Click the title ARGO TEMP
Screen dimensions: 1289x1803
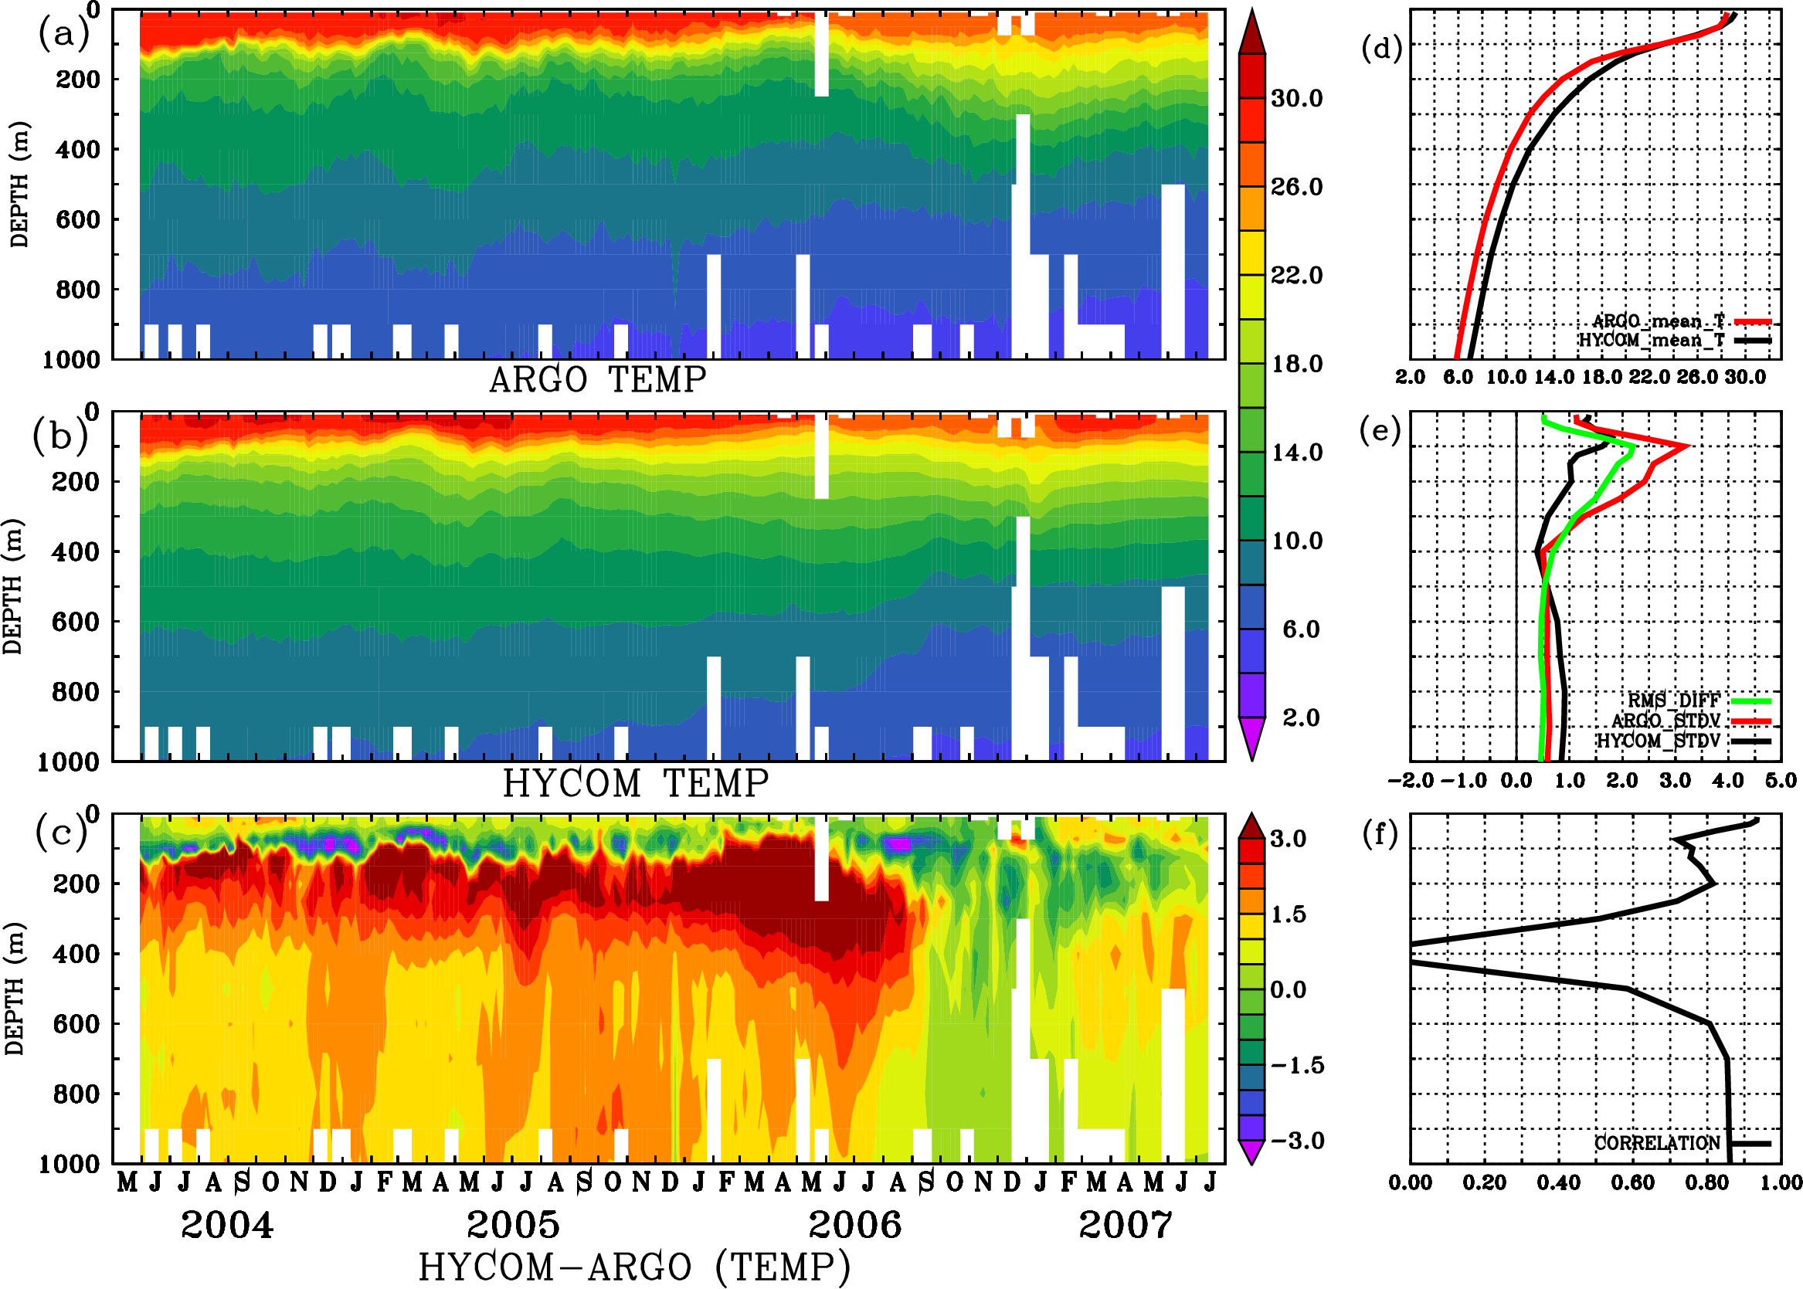click(x=597, y=380)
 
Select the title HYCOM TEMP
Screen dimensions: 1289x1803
click(x=636, y=783)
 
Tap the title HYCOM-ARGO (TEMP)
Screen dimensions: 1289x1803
click(x=634, y=1266)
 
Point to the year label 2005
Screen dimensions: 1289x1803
click(x=513, y=1225)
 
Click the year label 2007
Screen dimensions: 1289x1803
click(x=1125, y=1225)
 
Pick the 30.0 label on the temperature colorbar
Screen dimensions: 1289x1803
click(x=1296, y=98)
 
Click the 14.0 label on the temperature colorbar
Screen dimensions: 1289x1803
click(x=1296, y=453)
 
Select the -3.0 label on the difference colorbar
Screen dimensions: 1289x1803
click(x=1296, y=1141)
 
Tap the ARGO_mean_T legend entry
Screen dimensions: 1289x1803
click(x=1659, y=321)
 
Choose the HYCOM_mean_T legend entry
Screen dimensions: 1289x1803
click(x=1652, y=341)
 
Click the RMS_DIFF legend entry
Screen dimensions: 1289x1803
click(x=1673, y=700)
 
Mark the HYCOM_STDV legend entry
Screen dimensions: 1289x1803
click(x=1659, y=741)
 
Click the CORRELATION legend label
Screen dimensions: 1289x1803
click(x=1657, y=1143)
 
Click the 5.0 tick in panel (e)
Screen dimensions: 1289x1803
click(x=1781, y=781)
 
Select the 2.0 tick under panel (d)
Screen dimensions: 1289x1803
click(x=1410, y=377)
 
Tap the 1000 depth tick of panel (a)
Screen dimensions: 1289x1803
click(x=73, y=360)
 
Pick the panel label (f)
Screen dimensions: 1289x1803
click(x=1380, y=834)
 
